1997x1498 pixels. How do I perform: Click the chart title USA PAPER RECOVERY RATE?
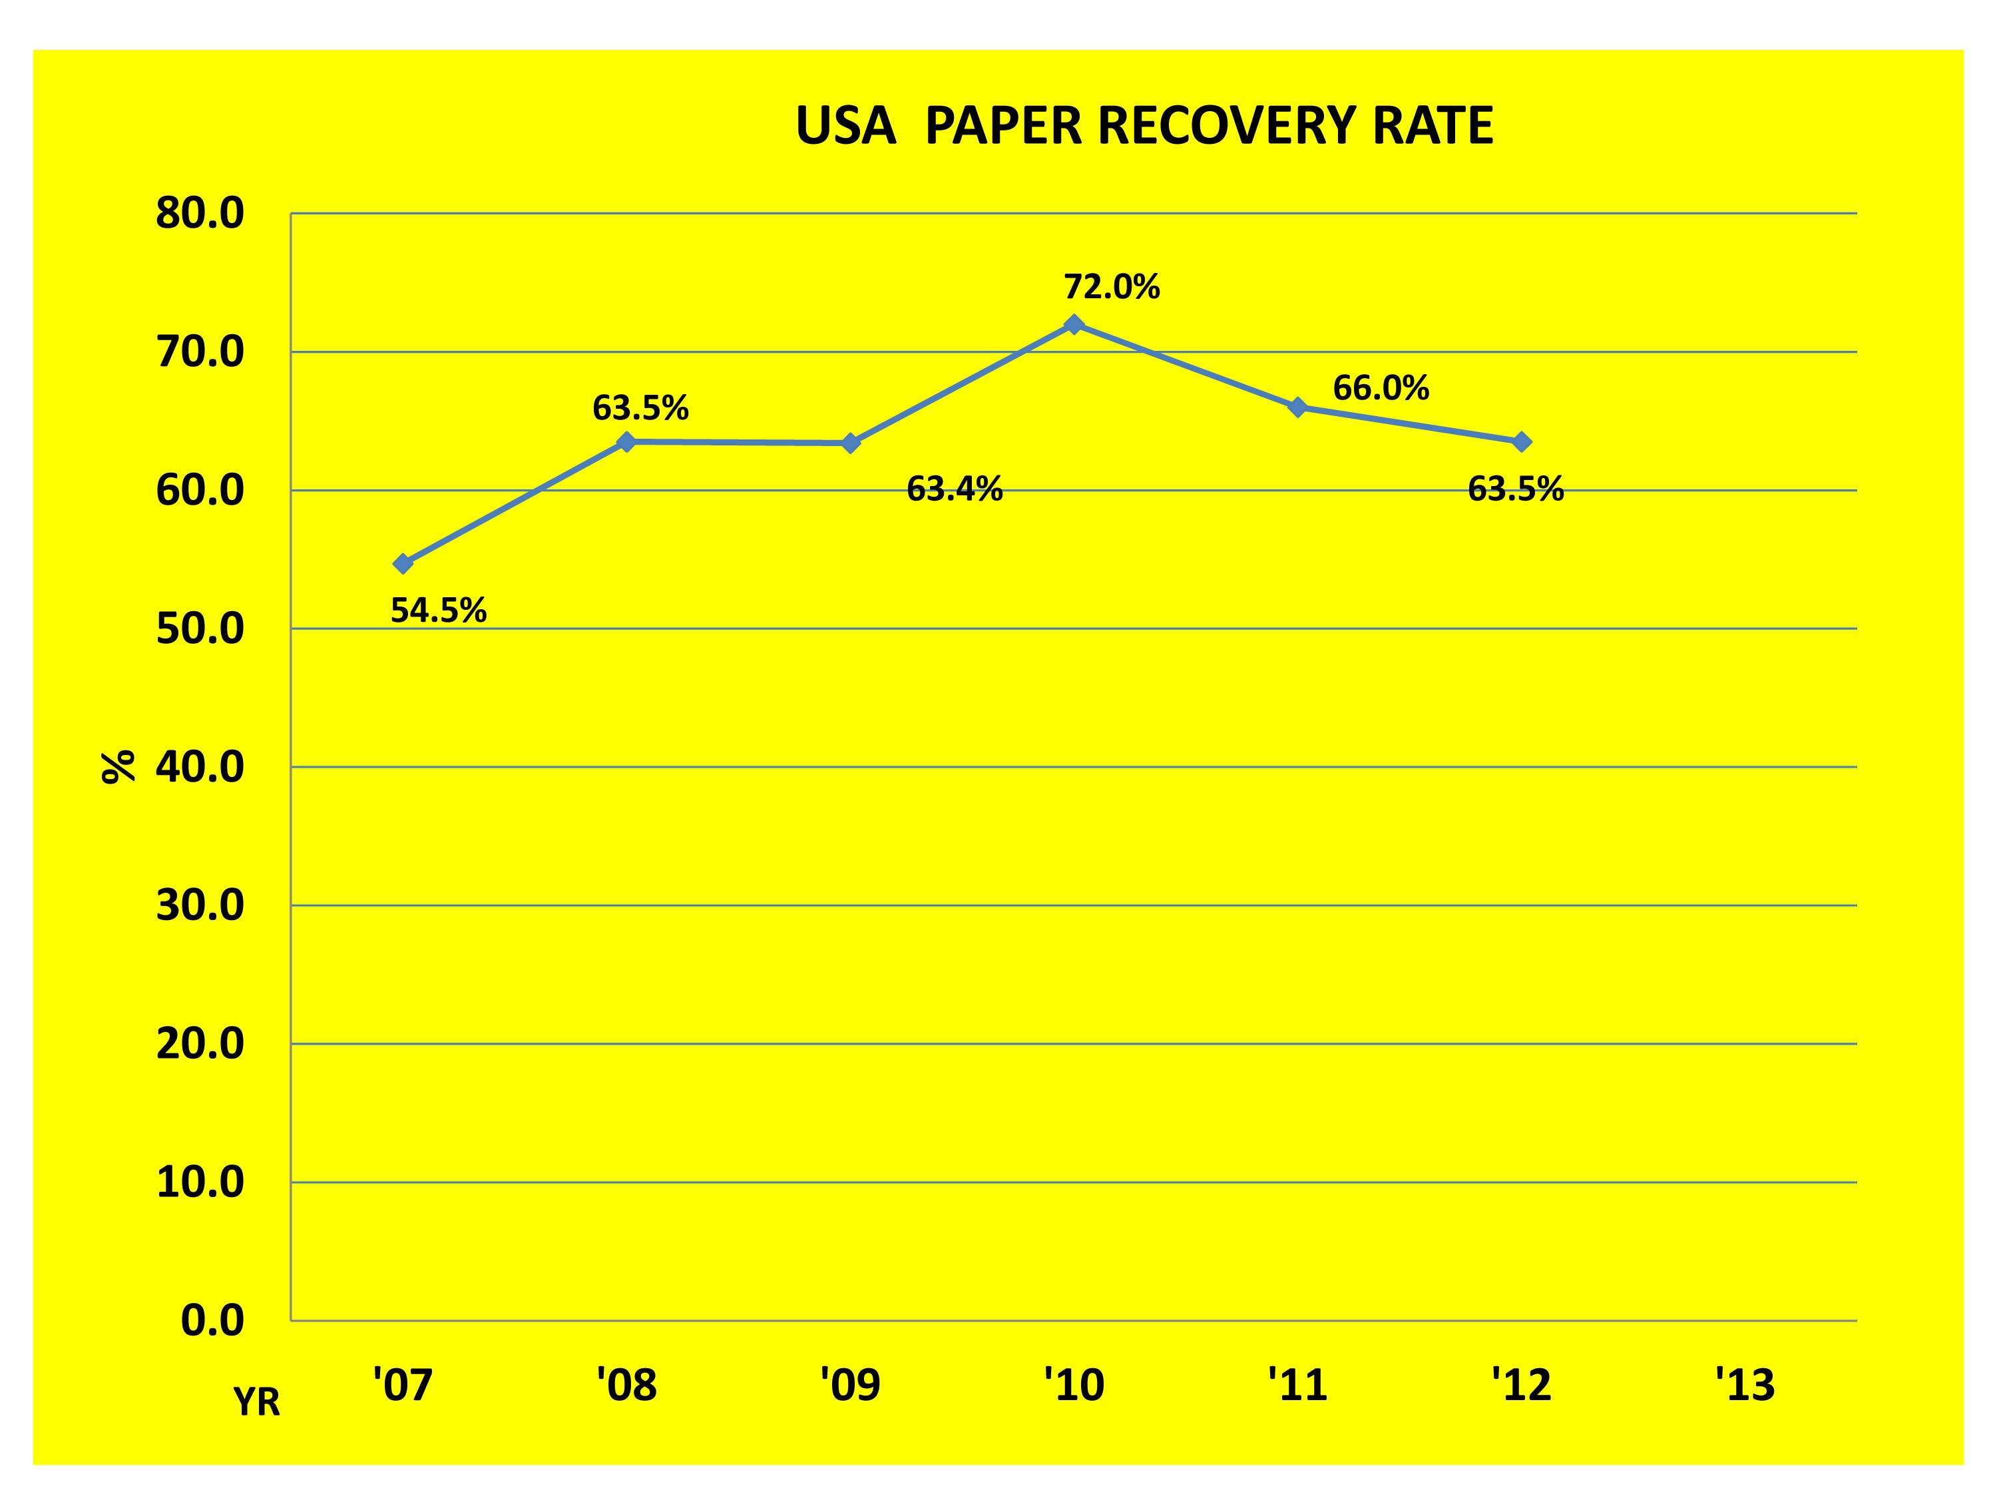click(1144, 126)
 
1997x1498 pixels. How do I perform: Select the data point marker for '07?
click(403, 563)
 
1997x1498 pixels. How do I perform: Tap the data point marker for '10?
click(1074, 324)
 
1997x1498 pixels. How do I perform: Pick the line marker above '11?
click(1297, 407)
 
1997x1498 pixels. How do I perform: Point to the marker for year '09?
click(851, 443)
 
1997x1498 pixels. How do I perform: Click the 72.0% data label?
click(1112, 287)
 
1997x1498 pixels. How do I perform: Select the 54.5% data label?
click(439, 611)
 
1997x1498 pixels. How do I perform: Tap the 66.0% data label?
click(1381, 388)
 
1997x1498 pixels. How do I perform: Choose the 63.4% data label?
click(955, 489)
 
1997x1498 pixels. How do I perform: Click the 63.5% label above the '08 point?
click(640, 409)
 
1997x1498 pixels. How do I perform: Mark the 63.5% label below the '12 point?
click(1515, 489)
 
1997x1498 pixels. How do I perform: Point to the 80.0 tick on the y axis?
click(200, 214)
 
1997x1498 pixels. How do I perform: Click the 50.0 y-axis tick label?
click(200, 628)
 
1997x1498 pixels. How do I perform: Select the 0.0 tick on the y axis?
click(212, 1320)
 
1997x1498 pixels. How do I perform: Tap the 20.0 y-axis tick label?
click(200, 1044)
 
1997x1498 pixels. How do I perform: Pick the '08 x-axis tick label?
click(626, 1384)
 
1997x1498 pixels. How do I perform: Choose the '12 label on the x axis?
click(1521, 1384)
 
